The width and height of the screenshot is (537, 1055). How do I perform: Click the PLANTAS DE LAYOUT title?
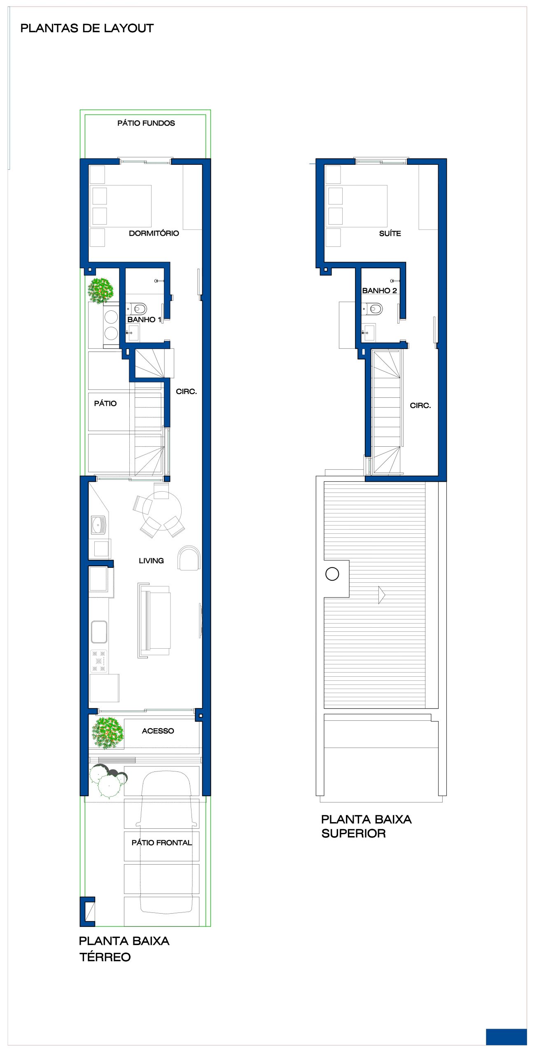click(x=87, y=28)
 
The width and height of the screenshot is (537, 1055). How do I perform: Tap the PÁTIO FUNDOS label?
click(x=146, y=123)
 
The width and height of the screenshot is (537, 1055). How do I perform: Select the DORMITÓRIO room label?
click(x=154, y=233)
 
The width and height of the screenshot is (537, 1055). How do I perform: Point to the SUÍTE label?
click(x=390, y=233)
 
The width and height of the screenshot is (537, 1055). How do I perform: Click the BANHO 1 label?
click(x=144, y=319)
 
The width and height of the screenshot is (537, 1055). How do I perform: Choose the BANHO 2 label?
click(x=380, y=291)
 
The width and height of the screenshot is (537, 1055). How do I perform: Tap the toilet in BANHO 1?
click(x=136, y=308)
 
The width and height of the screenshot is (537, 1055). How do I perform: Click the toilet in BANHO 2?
click(x=372, y=308)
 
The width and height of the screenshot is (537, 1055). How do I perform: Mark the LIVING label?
click(x=151, y=560)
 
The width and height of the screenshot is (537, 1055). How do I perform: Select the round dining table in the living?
click(x=162, y=511)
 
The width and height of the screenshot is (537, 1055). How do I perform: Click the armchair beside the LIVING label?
click(x=189, y=558)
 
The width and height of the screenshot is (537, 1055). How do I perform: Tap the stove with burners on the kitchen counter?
click(x=99, y=661)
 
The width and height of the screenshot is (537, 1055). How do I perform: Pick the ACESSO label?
click(x=158, y=731)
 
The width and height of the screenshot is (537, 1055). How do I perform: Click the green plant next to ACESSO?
click(x=107, y=733)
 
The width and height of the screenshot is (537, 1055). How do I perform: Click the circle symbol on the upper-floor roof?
click(x=332, y=574)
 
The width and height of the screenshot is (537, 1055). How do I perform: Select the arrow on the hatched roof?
click(x=382, y=595)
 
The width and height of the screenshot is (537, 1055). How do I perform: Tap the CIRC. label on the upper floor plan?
click(x=420, y=406)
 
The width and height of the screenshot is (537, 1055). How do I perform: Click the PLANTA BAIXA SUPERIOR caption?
click(x=366, y=826)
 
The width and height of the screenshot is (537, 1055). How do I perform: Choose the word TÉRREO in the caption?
click(x=105, y=957)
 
